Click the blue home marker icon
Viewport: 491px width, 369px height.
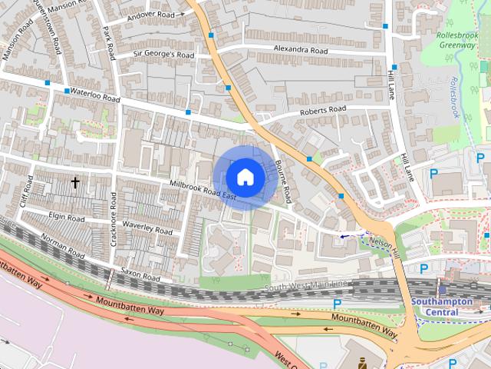click(x=245, y=178)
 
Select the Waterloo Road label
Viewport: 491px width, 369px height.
click(x=95, y=95)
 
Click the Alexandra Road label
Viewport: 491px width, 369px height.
click(x=302, y=51)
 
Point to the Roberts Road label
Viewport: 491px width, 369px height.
click(x=323, y=111)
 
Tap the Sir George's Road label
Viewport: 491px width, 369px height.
click(x=164, y=55)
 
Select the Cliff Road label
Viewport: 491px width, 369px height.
click(x=27, y=192)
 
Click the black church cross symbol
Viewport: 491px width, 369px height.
click(x=75, y=182)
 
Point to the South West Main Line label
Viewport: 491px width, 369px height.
click(x=307, y=286)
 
